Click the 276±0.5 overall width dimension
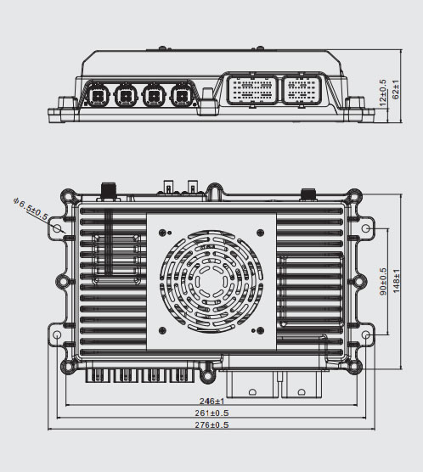click(212, 424)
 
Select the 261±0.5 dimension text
click(212, 413)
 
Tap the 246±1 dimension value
click(212, 401)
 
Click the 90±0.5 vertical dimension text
click(383, 281)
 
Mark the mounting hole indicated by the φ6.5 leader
click(58, 228)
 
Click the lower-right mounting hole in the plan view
click(366, 337)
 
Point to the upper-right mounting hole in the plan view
click(366, 228)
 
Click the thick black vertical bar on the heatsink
click(108, 241)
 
